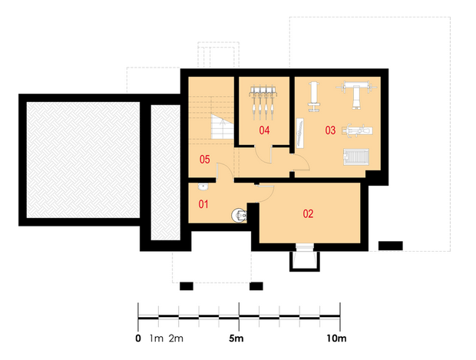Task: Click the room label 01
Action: click(x=203, y=204)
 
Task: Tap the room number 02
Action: click(x=308, y=214)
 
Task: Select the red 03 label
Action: click(x=330, y=130)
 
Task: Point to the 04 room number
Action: click(x=264, y=130)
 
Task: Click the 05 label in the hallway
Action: click(x=205, y=160)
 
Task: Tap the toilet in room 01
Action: click(x=239, y=215)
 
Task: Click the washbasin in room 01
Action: click(x=203, y=187)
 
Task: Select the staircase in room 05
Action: click(x=222, y=127)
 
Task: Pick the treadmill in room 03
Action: click(x=356, y=157)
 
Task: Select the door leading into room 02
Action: click(x=265, y=193)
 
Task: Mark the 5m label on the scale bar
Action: click(x=236, y=339)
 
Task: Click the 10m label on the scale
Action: click(x=336, y=339)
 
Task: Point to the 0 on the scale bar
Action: click(x=138, y=339)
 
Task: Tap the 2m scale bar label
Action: click(x=176, y=339)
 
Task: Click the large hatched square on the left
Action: click(x=83, y=160)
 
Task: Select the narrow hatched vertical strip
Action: click(x=166, y=173)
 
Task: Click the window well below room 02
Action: click(x=305, y=261)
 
